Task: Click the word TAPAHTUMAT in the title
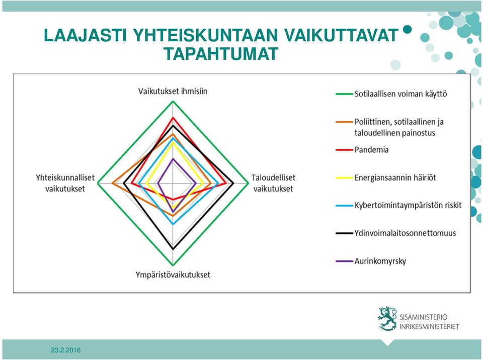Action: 221,54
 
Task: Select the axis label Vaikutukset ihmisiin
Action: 173,91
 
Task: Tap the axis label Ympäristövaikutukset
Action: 173,275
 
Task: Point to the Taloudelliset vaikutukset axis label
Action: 273,183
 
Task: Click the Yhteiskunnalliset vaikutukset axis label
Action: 65,183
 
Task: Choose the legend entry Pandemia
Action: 371,150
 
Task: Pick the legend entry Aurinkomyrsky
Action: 380,261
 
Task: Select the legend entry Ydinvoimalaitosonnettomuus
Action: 405,233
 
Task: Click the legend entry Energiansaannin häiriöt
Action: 395,177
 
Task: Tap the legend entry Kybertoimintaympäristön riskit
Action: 408,206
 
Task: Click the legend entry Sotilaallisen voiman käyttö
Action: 400,94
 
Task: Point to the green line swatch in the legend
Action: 344,94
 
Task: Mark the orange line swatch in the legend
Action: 344,122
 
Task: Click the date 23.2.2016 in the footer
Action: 66,350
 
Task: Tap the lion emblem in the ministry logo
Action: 387,318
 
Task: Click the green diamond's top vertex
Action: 173,102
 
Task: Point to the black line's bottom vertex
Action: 173,248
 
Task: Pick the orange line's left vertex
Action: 112,184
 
